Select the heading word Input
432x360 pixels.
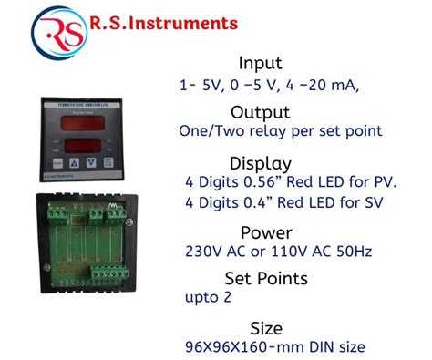260,64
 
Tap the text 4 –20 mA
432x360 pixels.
324,87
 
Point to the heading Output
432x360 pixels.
261,112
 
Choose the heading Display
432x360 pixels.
261,163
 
